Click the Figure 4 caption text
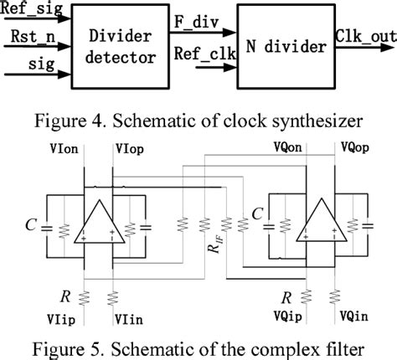click(198, 115)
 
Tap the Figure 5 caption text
click(198, 347)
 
